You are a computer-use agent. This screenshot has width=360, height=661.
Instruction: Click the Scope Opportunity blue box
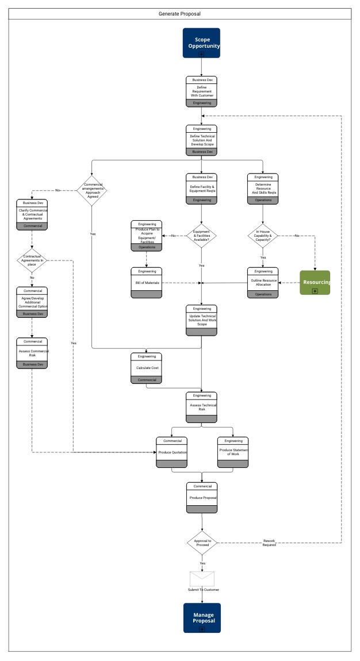[x=201, y=42]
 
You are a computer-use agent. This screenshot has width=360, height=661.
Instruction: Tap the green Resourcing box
[x=315, y=282]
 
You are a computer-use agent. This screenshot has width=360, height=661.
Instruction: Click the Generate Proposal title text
[x=179, y=13]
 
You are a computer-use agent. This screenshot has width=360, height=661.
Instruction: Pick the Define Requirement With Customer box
[x=202, y=91]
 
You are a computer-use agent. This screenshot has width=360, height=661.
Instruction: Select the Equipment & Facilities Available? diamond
[x=202, y=236]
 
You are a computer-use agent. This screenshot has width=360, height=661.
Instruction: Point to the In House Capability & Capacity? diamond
[x=263, y=236]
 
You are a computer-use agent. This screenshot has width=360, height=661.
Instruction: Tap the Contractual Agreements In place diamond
[x=32, y=260]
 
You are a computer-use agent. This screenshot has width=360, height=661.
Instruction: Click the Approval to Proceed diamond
[x=202, y=543]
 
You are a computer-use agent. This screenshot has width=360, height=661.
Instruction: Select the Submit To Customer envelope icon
[x=202, y=578]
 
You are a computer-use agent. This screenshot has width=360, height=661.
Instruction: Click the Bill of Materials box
[x=146, y=283]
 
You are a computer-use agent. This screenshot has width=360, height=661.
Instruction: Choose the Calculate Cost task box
[x=147, y=368]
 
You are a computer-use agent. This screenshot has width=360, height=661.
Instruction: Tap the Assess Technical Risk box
[x=202, y=407]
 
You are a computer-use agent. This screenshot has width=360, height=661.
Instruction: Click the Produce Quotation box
[x=171, y=452]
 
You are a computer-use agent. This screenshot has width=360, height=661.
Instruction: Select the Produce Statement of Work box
[x=232, y=452]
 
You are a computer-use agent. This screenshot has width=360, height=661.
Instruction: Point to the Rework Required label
[x=269, y=543]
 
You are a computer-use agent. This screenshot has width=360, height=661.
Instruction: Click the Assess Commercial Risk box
[x=32, y=353]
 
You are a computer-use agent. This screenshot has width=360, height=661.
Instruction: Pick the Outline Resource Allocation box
[x=263, y=282]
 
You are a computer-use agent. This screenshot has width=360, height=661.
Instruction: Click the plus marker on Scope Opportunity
[x=201, y=53]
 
